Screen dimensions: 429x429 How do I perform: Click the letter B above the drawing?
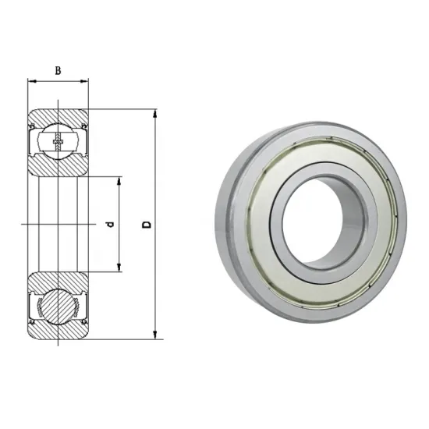(58, 70)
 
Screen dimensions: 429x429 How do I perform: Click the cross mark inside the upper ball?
(58, 142)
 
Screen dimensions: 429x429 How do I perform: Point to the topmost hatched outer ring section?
(58, 115)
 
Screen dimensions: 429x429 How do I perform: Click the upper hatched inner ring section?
(58, 168)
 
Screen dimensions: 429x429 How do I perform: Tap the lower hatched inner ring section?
(58, 281)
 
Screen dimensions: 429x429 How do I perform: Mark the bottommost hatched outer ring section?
(58, 334)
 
